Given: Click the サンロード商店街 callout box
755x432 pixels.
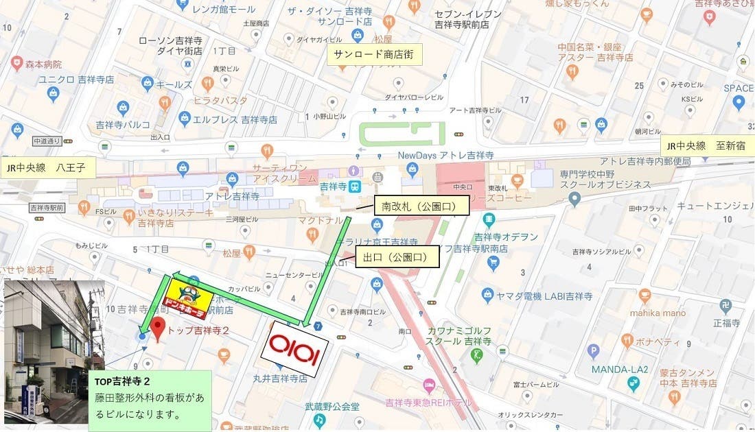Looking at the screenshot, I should [x=374, y=55].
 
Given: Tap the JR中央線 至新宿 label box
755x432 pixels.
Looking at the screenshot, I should [x=708, y=146].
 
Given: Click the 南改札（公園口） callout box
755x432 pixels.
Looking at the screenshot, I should [x=421, y=205].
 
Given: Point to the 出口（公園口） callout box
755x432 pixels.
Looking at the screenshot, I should [x=397, y=257].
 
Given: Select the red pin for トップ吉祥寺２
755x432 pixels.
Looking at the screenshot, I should [x=158, y=329].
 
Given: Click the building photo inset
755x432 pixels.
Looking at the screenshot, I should [x=54, y=351].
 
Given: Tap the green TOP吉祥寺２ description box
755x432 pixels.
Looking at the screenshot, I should [x=150, y=400].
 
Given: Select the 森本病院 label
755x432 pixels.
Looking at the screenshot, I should [x=39, y=64].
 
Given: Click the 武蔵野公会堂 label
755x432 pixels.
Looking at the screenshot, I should [x=332, y=407].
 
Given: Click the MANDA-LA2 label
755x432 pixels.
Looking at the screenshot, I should [x=620, y=369].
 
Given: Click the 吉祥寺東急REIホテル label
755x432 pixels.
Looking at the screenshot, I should [x=428, y=402].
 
